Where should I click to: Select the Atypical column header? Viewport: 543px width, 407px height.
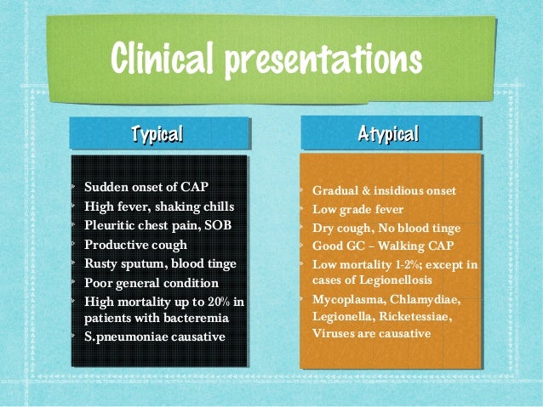[388, 133]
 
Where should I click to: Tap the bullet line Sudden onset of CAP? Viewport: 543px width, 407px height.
[146, 187]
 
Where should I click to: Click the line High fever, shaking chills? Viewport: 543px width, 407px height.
[158, 206]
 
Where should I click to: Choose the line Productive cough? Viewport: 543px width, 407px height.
[135, 245]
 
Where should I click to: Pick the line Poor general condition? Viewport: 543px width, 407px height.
[151, 283]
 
